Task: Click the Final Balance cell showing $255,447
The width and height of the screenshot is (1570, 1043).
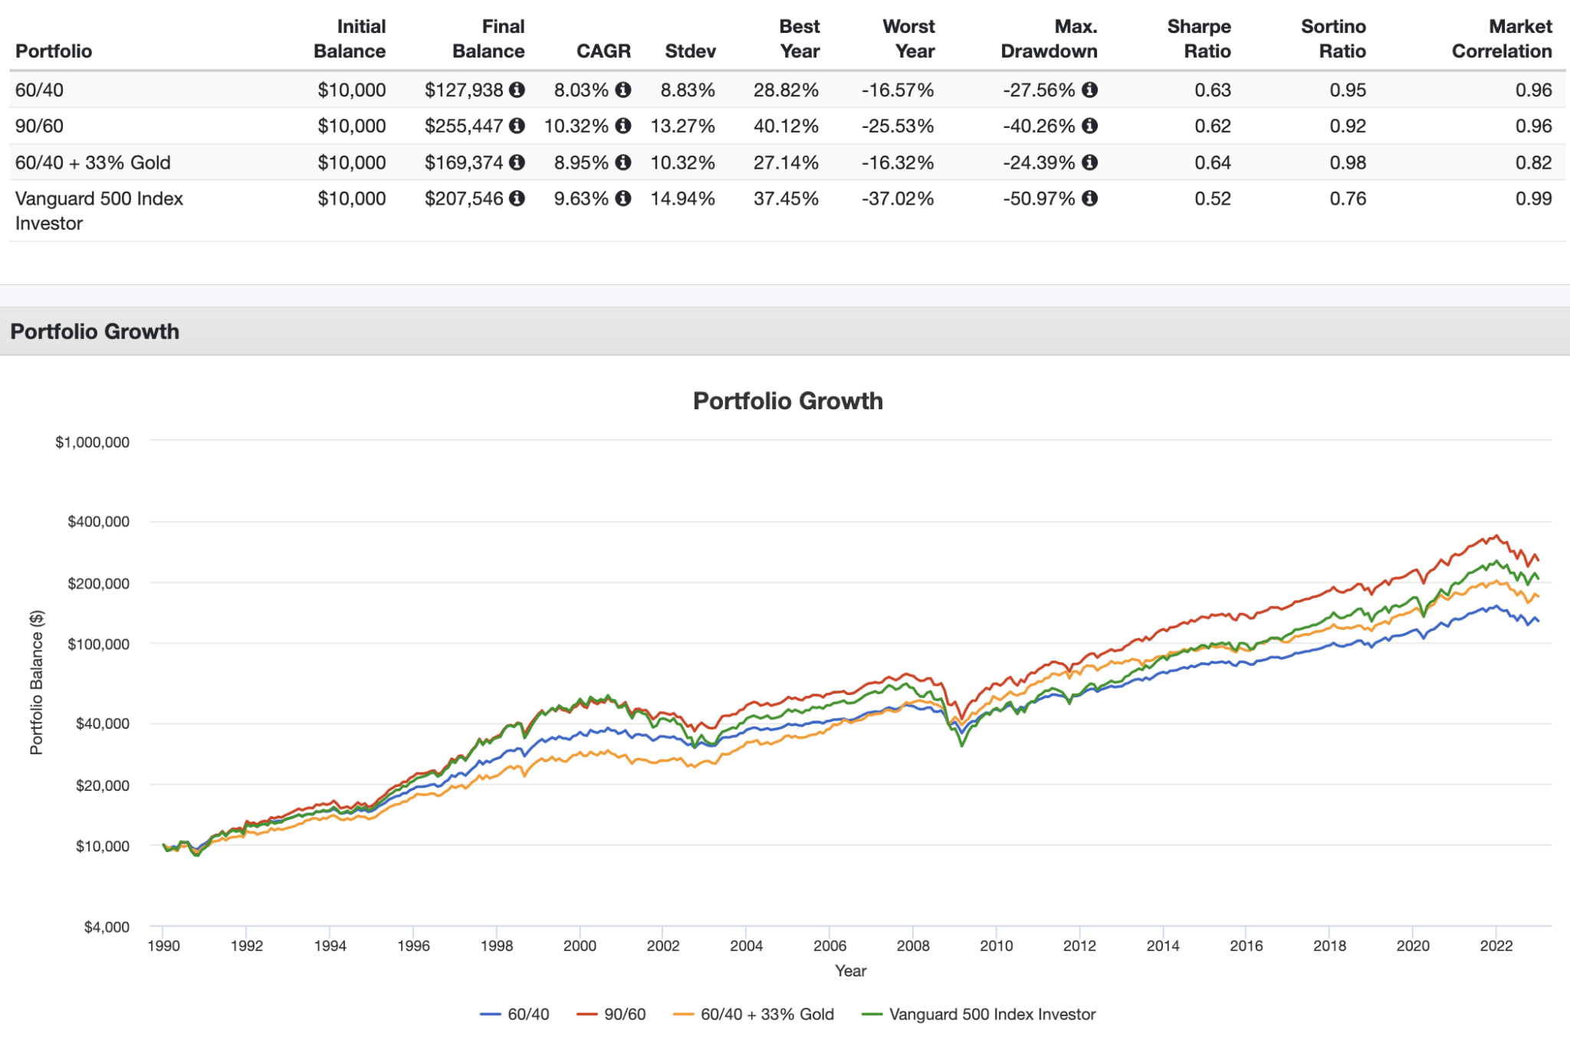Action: coord(464,126)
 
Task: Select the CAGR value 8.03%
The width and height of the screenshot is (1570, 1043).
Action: coord(581,90)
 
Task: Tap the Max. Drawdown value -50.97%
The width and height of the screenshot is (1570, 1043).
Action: coord(1039,199)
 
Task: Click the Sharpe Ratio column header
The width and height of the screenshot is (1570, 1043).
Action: coord(1198,39)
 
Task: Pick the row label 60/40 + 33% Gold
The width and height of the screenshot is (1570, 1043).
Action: coord(93,163)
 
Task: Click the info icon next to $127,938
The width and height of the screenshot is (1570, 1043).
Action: coord(517,90)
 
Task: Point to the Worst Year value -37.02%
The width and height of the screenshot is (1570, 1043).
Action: coord(897,199)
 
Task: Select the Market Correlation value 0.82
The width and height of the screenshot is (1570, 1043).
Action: coord(1533,163)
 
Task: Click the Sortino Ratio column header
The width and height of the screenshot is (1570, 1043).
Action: coord(1333,39)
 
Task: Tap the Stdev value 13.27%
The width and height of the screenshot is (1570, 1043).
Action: coord(682,126)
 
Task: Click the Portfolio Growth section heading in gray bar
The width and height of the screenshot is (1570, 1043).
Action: coord(95,332)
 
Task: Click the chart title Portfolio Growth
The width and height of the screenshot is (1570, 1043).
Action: coord(787,401)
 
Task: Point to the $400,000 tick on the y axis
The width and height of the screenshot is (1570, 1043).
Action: coord(99,522)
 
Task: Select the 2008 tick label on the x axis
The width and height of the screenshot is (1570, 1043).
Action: coord(913,946)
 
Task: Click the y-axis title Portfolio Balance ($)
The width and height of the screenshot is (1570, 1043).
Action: coord(36,682)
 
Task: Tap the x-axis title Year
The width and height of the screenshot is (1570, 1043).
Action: coord(850,971)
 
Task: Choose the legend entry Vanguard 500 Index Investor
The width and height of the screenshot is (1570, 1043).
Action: coord(991,1015)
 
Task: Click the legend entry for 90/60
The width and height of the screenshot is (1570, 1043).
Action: coord(624,1015)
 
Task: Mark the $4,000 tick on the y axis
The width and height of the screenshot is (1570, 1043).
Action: coord(107,927)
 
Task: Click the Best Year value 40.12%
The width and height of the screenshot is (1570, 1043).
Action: coord(786,126)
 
